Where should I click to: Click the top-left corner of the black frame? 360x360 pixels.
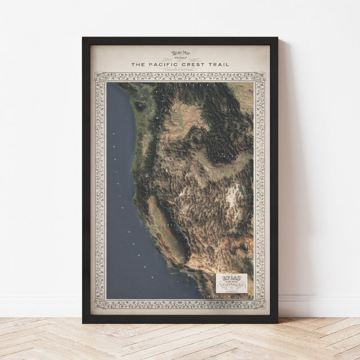pyautogui.click(x=83, y=38)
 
